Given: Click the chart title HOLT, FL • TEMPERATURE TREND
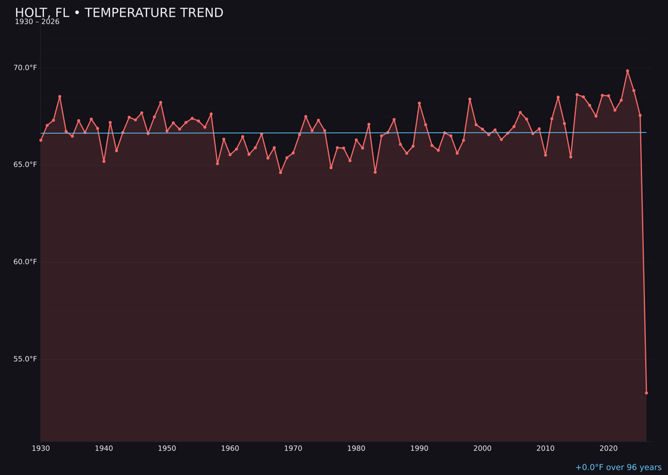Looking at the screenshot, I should (x=119, y=13).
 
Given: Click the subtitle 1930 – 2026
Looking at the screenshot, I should (x=37, y=22).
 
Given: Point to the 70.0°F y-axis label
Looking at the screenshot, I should (x=25, y=67).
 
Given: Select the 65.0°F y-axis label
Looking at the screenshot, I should (x=25, y=165).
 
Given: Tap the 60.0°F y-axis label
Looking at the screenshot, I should (x=25, y=262).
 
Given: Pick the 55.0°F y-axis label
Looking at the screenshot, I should (x=25, y=359).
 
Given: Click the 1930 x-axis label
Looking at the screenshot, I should (x=41, y=448).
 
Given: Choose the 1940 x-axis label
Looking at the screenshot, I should (x=104, y=448).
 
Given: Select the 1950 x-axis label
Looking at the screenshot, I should (x=167, y=448).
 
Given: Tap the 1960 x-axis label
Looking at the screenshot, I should (x=230, y=448).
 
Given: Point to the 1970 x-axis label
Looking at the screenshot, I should (x=293, y=448).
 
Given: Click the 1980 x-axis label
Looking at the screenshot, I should (x=356, y=448).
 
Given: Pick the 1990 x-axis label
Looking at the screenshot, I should (x=419, y=448).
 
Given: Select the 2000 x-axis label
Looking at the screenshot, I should (x=482, y=448).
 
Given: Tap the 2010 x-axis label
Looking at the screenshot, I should (x=546, y=448).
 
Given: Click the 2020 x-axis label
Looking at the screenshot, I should (x=609, y=448).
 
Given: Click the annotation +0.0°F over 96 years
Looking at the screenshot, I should (x=618, y=468).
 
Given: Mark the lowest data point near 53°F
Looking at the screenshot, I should (x=646, y=393).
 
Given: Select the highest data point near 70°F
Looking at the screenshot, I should (x=627, y=71).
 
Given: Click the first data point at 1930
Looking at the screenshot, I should (x=41, y=140).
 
